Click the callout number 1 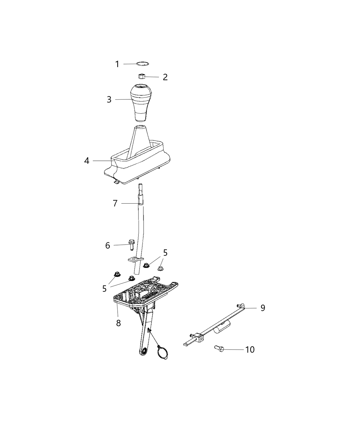117,64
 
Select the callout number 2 165,77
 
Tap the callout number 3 109,100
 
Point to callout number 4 87,160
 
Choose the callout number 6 108,245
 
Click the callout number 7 115,203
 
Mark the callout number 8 118,323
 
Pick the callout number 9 263,308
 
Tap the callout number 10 250,350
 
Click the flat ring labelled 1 143,63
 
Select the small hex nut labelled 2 141,76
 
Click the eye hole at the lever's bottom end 144,351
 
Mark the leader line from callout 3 123,99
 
